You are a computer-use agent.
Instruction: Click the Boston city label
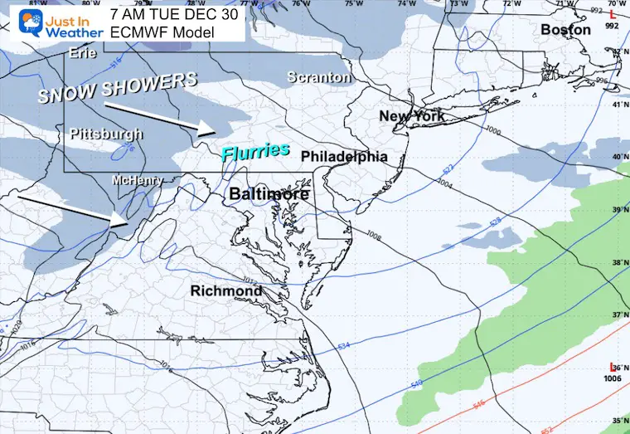point(565,30)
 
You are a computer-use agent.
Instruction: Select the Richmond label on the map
point(226,291)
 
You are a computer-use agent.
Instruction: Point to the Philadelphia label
point(344,156)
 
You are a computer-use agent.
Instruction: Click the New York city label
point(412,116)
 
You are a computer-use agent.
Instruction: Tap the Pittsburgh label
point(106,134)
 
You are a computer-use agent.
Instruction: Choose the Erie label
point(82,53)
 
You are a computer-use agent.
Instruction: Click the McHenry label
point(134,180)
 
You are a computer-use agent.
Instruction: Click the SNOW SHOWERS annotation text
point(118,87)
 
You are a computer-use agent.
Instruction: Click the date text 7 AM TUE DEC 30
point(174,12)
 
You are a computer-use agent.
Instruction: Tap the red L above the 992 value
point(613,14)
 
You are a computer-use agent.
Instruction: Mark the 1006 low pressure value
point(613,378)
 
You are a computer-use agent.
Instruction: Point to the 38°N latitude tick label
point(618,262)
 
